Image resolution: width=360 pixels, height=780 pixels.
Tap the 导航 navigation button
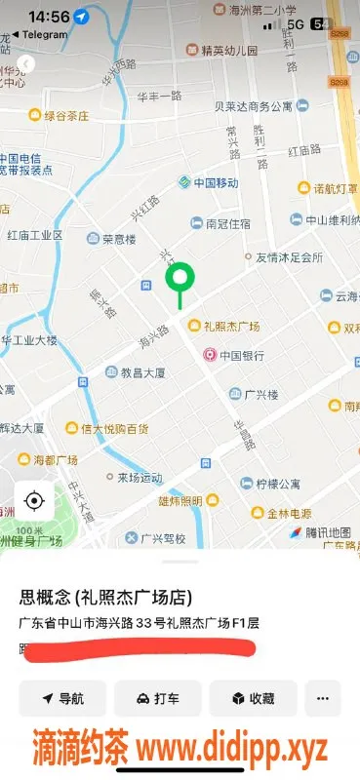61,698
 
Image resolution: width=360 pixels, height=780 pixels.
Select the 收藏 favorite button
252,698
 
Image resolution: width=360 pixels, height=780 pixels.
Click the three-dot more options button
323,698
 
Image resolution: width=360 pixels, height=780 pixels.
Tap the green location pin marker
179,281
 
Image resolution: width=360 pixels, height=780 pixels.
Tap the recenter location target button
34,501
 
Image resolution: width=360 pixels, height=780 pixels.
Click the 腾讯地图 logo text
325,532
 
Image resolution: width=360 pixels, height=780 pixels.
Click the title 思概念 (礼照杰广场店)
105,598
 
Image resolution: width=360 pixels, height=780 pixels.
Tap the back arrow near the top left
26,64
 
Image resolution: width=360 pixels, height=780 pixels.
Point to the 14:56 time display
49,17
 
